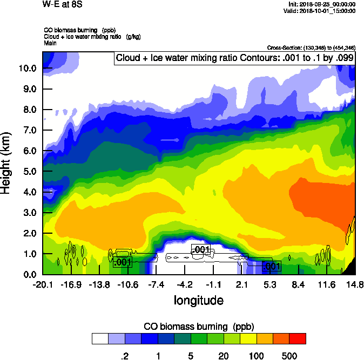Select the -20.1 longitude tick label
(x=42, y=284)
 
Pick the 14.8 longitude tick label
(x=355, y=284)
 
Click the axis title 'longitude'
(x=198, y=299)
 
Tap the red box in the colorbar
(x=298, y=339)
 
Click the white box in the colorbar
(x=100, y=339)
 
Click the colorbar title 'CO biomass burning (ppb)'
(x=198, y=327)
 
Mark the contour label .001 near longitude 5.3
(x=271, y=266)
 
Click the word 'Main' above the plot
(x=50, y=42)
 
